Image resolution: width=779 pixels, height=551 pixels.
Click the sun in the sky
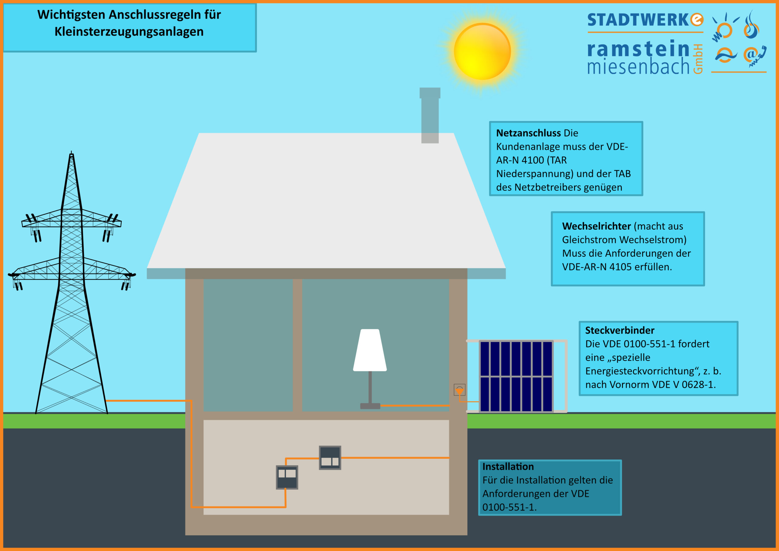pyautogui.click(x=482, y=51)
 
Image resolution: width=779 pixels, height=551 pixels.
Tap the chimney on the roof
pyautogui.click(x=430, y=115)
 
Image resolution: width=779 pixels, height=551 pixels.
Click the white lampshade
pyautogui.click(x=370, y=350)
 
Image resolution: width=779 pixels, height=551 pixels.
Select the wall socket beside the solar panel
pyautogui.click(x=459, y=390)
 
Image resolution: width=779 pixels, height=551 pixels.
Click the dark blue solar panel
pyautogui.click(x=516, y=376)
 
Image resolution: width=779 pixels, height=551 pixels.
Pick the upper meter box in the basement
pyautogui.click(x=330, y=458)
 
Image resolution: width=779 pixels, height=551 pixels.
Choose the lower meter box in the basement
pyautogui.click(x=287, y=477)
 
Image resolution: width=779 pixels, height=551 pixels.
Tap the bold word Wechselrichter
pyautogui.click(x=596, y=226)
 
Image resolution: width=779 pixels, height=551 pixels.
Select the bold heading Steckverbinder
pyautogui.click(x=620, y=330)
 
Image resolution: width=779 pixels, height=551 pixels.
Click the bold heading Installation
pyautogui.click(x=508, y=466)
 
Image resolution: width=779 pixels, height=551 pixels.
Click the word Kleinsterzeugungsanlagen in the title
pyautogui.click(x=129, y=32)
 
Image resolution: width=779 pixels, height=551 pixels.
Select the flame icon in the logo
pyautogui.click(x=751, y=25)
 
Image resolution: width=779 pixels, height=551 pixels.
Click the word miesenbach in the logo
pyautogui.click(x=638, y=65)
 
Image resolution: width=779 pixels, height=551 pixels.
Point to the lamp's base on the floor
pyautogui.click(x=370, y=406)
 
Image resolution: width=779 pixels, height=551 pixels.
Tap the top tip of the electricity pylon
pyautogui.click(x=71, y=151)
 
